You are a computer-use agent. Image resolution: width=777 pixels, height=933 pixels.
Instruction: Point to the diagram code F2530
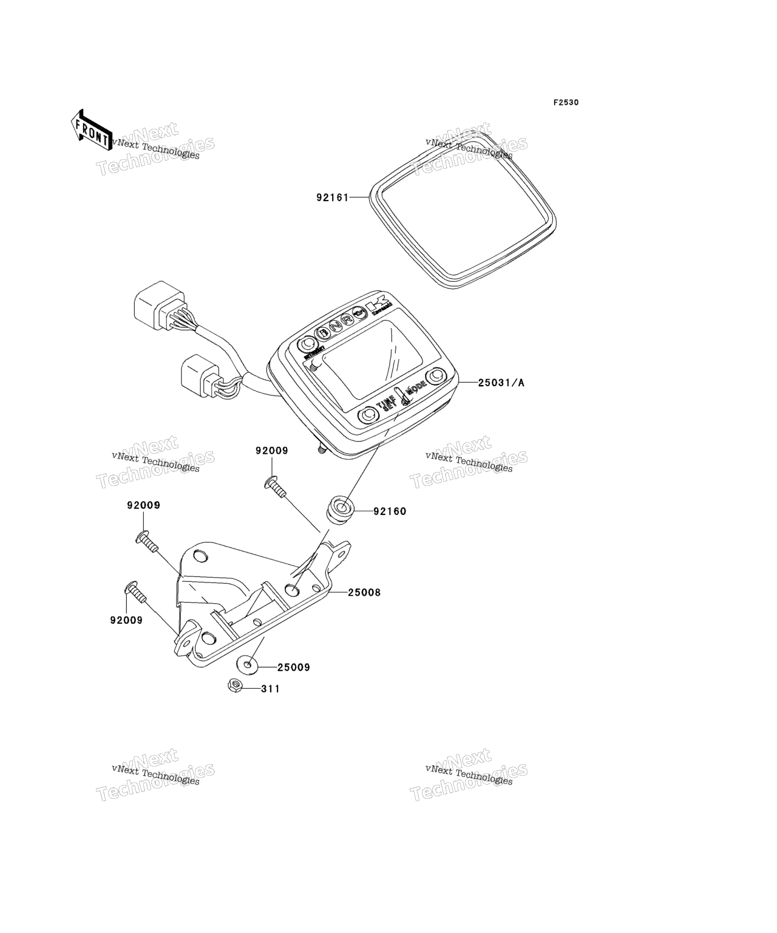point(565,103)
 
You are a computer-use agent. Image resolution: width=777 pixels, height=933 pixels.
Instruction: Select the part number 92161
point(333,197)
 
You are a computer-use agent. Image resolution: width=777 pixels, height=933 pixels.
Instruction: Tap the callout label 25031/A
point(501,383)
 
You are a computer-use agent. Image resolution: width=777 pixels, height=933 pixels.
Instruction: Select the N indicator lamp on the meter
point(334,326)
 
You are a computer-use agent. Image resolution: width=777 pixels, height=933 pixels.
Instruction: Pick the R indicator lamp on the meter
point(347,320)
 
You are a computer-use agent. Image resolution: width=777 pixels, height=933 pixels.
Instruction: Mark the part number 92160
point(390,511)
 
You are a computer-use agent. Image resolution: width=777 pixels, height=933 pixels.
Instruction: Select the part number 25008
point(364,592)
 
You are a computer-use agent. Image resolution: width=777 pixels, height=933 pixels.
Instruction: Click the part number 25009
point(294,668)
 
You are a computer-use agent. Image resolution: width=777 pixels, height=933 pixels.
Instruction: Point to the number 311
point(271,689)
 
